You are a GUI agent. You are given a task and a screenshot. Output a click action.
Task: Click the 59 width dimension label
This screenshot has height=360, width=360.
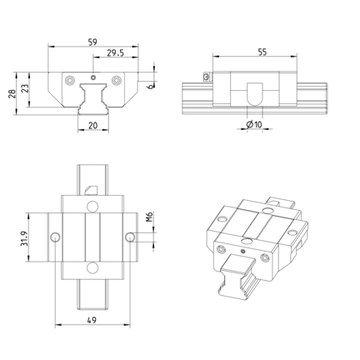coord(92,42)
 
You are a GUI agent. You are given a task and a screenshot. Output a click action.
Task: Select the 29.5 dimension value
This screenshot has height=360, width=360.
coord(116,52)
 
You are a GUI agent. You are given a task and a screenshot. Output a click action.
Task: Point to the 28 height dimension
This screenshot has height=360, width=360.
coord(12,93)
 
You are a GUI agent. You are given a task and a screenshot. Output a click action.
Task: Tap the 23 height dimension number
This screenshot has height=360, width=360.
coord(25,88)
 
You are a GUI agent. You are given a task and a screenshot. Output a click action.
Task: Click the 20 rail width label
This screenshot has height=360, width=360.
coord(93,126)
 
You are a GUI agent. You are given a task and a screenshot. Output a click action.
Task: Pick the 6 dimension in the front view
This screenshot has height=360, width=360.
coord(150,87)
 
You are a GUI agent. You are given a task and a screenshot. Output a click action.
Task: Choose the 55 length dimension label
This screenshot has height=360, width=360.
coord(262,52)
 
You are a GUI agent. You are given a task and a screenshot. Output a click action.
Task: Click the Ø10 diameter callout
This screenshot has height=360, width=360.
coord(254,125)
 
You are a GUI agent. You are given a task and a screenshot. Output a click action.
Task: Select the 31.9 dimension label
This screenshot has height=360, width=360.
coord(24,238)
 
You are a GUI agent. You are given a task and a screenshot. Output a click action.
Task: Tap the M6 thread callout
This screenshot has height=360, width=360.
coord(149,217)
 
